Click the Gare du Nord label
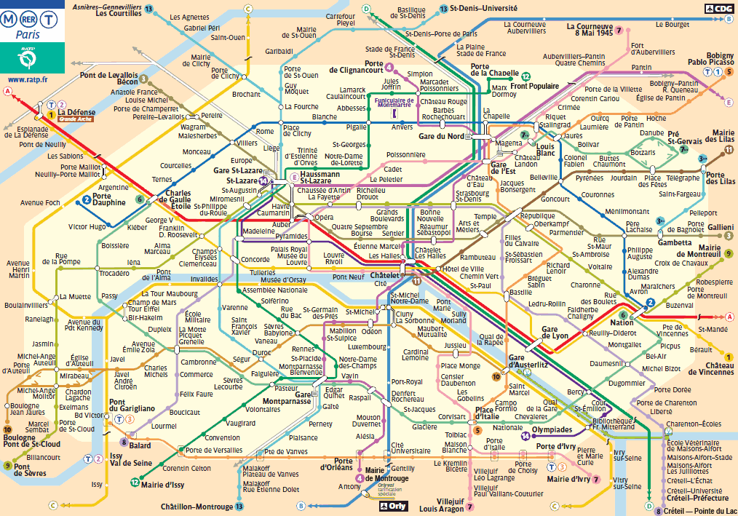click(x=440, y=136)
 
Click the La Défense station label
click(x=75, y=112)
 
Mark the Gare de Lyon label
click(x=555, y=333)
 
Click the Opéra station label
click(x=323, y=217)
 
